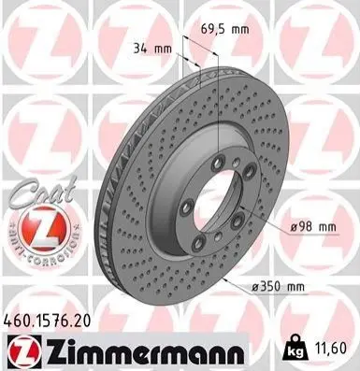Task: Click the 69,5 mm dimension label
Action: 224,30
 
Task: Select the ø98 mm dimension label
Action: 313,227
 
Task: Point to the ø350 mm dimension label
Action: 278,286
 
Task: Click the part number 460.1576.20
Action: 47,321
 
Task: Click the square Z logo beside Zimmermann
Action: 24,350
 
